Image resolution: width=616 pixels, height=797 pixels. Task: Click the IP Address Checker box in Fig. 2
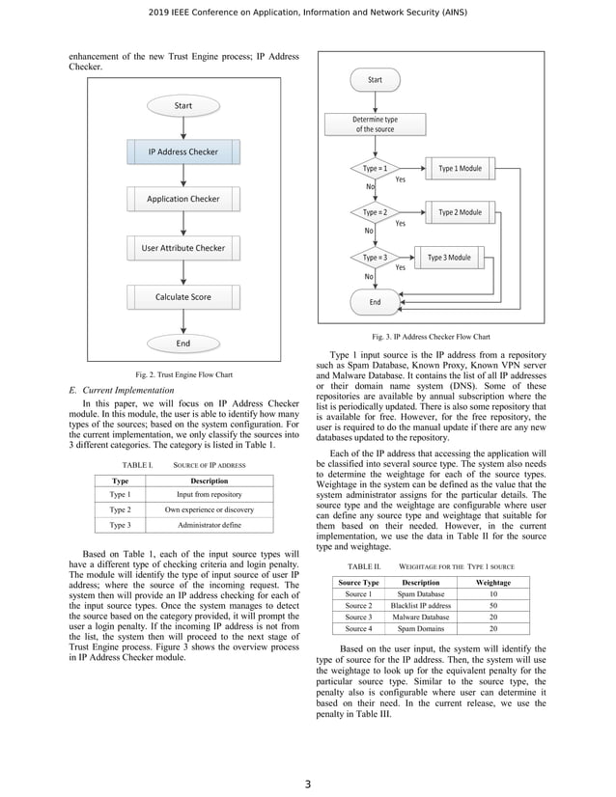tap(182, 151)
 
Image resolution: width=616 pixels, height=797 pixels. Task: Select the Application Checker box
tap(182, 200)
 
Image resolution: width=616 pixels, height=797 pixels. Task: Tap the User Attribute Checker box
tap(182, 248)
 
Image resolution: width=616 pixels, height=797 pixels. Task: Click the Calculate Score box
tap(182, 297)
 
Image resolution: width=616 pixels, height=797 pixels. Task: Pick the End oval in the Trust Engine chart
tap(182, 343)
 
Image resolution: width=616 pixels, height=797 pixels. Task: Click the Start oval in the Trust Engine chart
tap(182, 105)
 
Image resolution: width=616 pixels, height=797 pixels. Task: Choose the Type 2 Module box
tap(460, 212)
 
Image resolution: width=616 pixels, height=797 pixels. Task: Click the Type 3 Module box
tap(449, 258)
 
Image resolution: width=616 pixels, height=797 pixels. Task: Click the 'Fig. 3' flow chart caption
tap(433, 338)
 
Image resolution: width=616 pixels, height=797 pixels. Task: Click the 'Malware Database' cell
tap(420, 617)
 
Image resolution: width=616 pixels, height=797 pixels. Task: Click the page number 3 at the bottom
tap(307, 783)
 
